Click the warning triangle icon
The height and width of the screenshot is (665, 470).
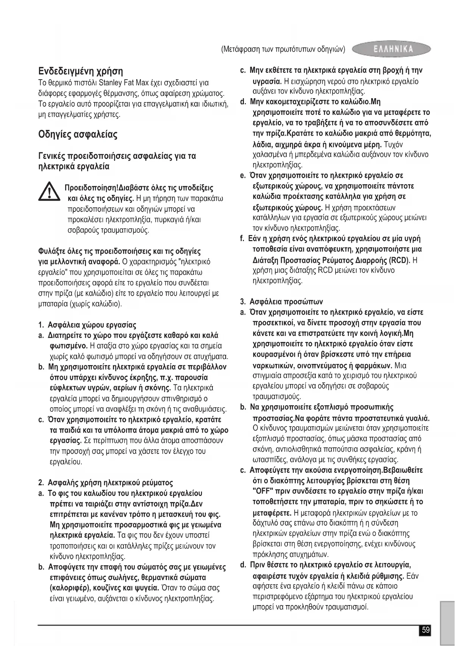click(50, 191)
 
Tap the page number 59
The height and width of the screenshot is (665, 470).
click(426, 630)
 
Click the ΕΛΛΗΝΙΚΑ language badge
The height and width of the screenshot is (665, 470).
click(392, 49)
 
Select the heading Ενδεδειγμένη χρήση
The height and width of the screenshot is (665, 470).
click(81, 71)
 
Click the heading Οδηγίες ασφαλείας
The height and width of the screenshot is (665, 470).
click(78, 135)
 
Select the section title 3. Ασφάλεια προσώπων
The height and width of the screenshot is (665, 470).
click(281, 302)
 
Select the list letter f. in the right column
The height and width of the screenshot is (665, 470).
click(242, 239)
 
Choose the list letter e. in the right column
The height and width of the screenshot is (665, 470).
click(243, 176)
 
